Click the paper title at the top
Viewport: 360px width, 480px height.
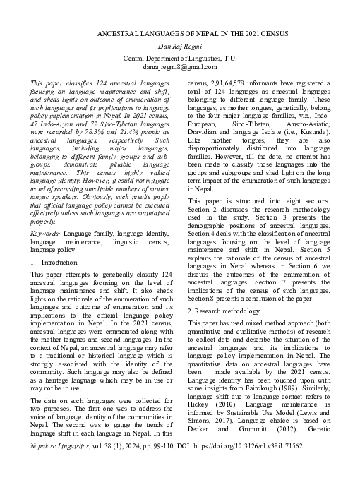pos(180,34)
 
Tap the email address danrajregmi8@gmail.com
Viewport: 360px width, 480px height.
pos(180,66)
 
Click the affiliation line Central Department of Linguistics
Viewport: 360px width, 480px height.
pos(180,56)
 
